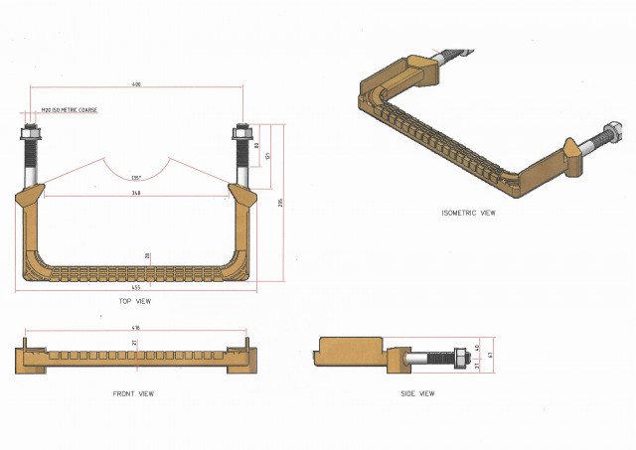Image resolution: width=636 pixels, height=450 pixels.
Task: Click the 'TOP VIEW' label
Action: (135, 300)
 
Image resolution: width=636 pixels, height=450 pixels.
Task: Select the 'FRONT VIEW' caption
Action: (133, 394)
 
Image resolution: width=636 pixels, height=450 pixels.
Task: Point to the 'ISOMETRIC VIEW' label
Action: (468, 213)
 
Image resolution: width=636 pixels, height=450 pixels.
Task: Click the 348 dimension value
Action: (135, 193)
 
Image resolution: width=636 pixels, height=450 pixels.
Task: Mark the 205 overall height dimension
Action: (281, 203)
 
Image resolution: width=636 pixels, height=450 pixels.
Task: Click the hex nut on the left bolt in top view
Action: (29, 131)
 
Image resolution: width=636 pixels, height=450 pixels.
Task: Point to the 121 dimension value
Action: (267, 156)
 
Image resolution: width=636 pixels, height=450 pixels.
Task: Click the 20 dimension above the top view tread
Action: (148, 256)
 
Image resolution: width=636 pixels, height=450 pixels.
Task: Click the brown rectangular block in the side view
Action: (350, 350)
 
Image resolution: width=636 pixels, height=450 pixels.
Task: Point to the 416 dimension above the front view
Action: (135, 328)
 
